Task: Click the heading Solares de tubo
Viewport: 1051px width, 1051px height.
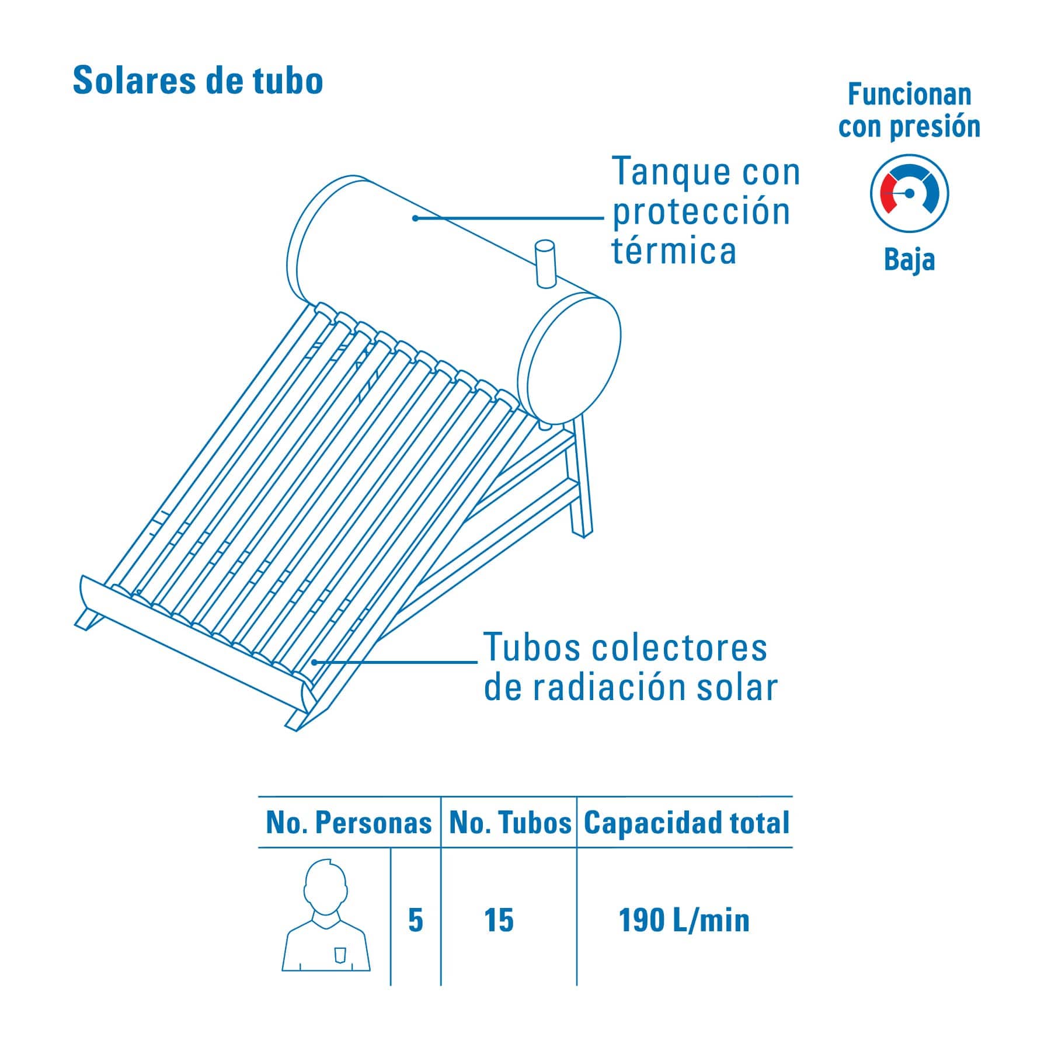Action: [x=198, y=80]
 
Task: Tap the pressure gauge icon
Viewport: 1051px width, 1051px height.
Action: [x=909, y=193]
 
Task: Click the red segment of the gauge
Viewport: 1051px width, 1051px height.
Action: [x=888, y=193]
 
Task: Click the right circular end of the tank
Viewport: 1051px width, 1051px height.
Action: [x=569, y=357]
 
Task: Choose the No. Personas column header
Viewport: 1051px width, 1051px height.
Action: [x=349, y=823]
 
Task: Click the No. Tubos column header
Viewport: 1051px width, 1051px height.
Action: [x=510, y=823]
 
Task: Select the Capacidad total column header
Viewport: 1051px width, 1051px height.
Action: [x=687, y=823]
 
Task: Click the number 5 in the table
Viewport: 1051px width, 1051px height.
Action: [x=415, y=921]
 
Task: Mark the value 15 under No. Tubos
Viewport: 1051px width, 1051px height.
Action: [x=499, y=921]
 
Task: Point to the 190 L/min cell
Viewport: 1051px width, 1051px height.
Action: [x=684, y=921]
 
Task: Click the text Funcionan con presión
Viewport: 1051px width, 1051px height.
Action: [x=909, y=110]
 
